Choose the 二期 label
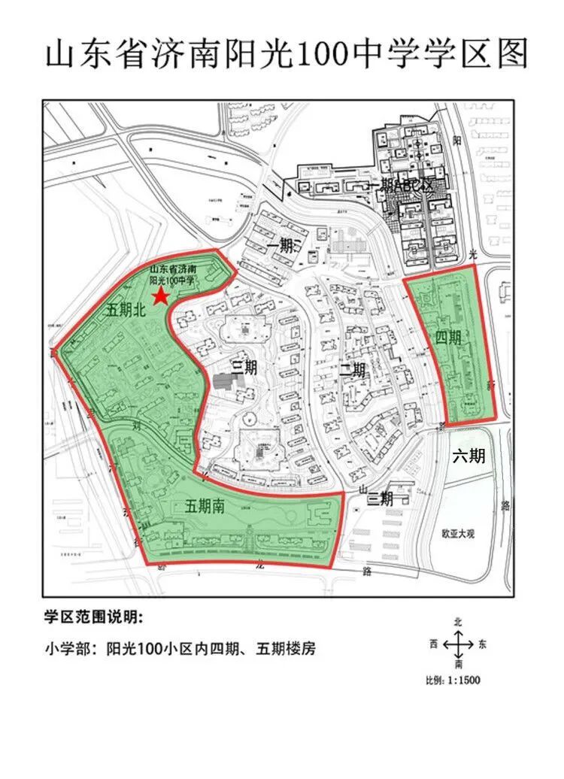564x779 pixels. pos(352,370)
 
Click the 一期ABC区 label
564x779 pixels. pos(401,186)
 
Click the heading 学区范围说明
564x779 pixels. pos(92,617)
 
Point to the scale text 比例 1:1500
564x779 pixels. pos(453,680)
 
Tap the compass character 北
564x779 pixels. pos(457,623)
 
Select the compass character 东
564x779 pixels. pos(482,644)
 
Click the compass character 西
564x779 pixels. pos(433,644)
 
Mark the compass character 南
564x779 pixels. pos(457,665)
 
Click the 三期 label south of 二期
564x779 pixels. pos(376,497)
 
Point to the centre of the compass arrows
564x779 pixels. pos(457,644)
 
